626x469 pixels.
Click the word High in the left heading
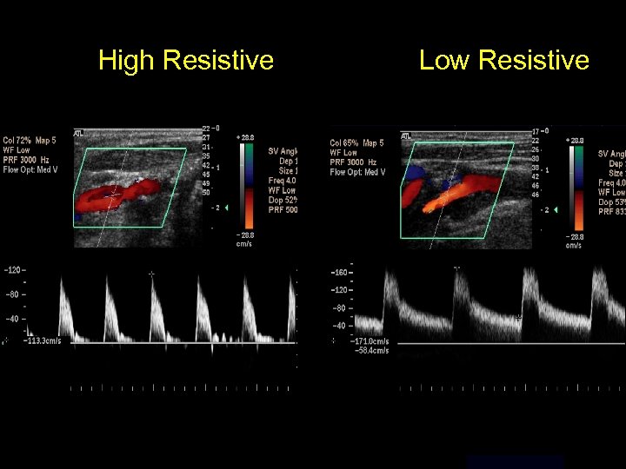[x=126, y=60]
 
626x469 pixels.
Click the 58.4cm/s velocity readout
[x=375, y=349]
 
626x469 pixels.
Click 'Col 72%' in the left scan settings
[x=18, y=139]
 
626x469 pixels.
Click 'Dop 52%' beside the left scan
[x=283, y=200]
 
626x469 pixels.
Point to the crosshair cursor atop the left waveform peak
[x=151, y=274]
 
